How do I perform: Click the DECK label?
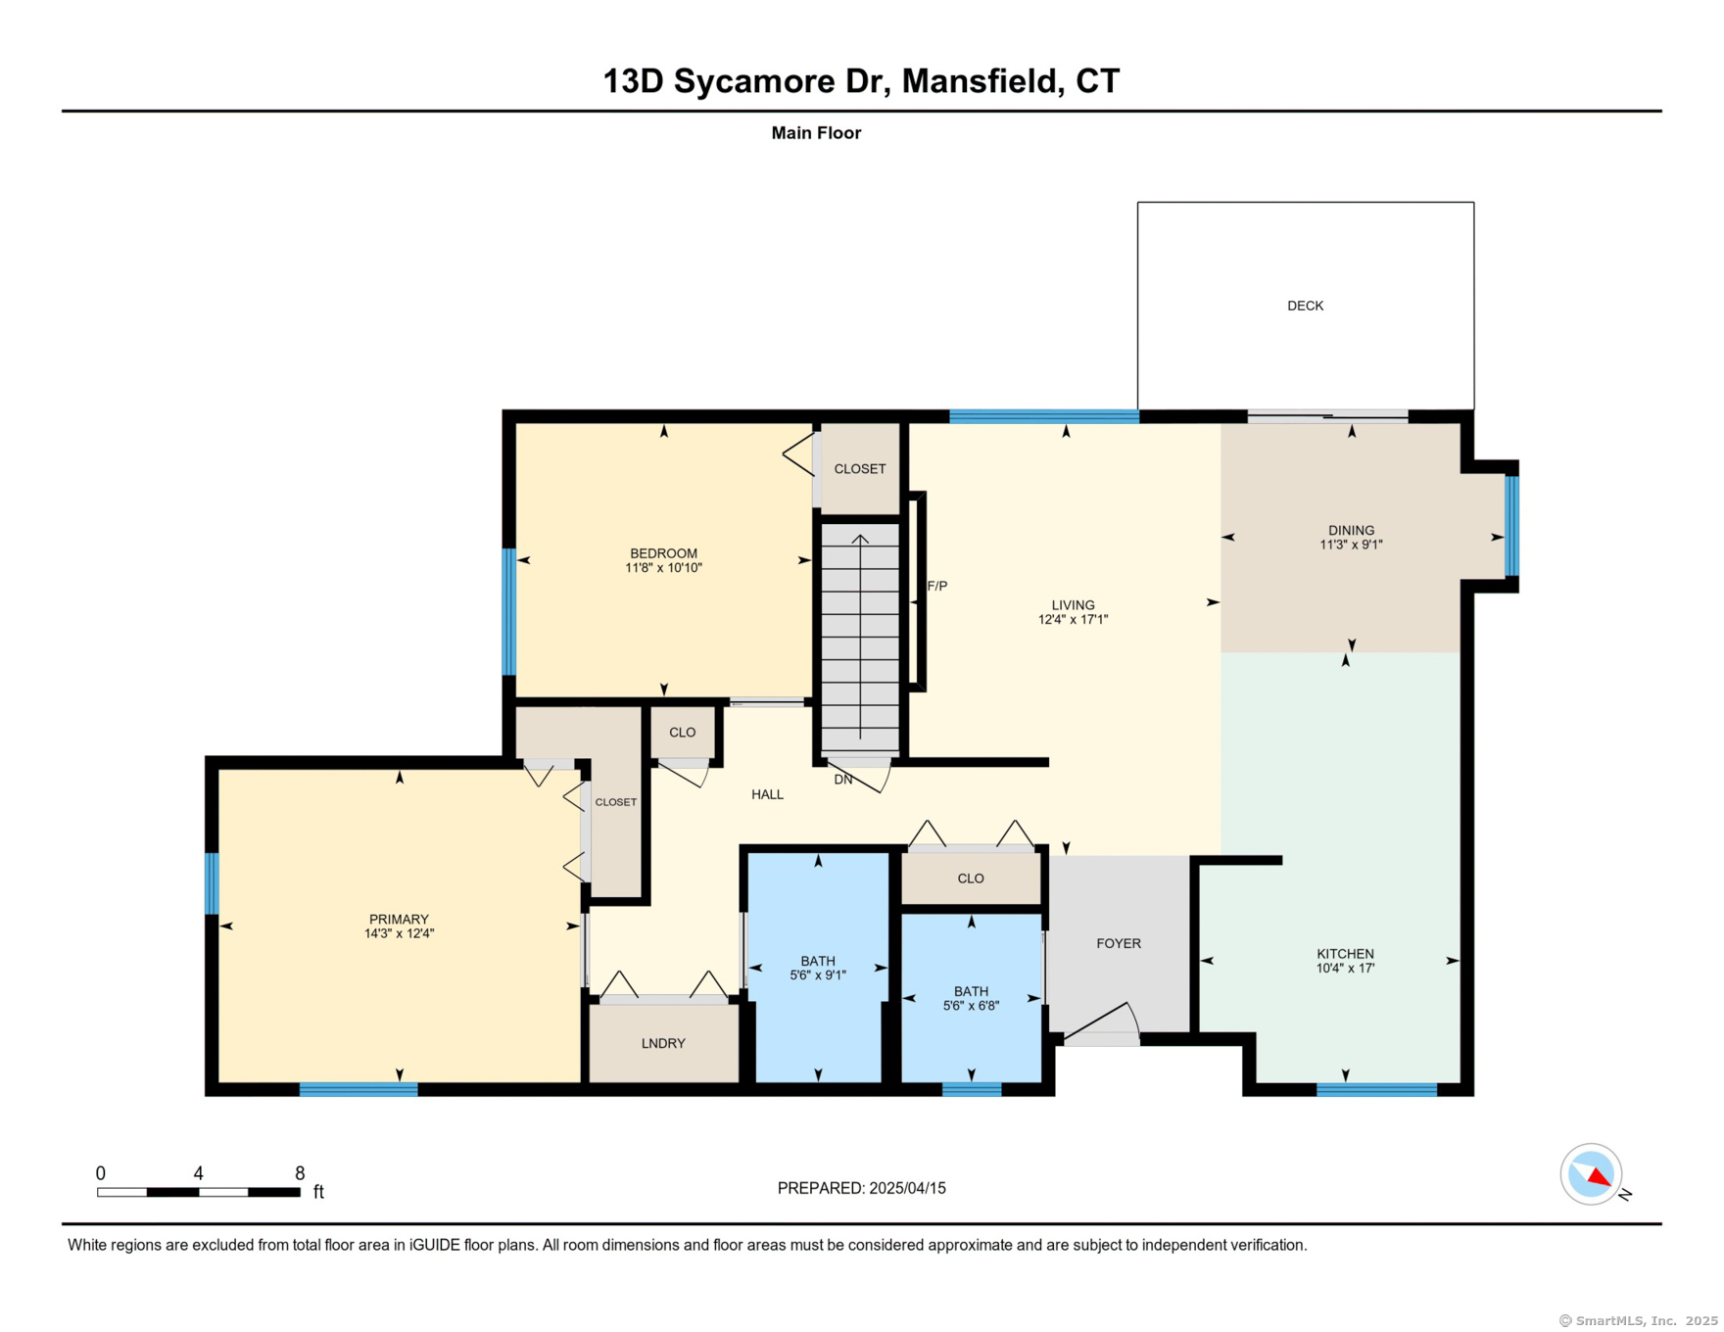pyautogui.click(x=1305, y=306)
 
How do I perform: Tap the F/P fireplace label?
pyautogui.click(x=937, y=586)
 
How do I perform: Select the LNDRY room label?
pyautogui.click(x=663, y=1043)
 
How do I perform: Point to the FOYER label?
pyautogui.click(x=1119, y=943)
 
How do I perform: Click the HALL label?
pyautogui.click(x=767, y=794)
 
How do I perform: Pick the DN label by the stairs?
pyautogui.click(x=843, y=780)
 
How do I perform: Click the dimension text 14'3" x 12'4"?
pyautogui.click(x=399, y=933)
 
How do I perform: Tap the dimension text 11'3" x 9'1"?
pyautogui.click(x=1351, y=545)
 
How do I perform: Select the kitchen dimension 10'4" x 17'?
pyautogui.click(x=1345, y=968)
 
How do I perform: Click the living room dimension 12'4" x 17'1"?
pyautogui.click(x=1073, y=619)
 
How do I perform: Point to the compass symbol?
pyautogui.click(x=1592, y=1173)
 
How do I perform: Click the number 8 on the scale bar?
pyautogui.click(x=300, y=1173)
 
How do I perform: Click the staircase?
pyautogui.click(x=860, y=638)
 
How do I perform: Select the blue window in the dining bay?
pyautogui.click(x=1511, y=526)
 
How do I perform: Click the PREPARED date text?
pyautogui.click(x=861, y=1188)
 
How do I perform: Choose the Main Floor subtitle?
pyautogui.click(x=816, y=133)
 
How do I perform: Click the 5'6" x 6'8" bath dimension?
pyautogui.click(x=971, y=1006)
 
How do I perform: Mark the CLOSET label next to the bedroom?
pyautogui.click(x=859, y=469)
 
